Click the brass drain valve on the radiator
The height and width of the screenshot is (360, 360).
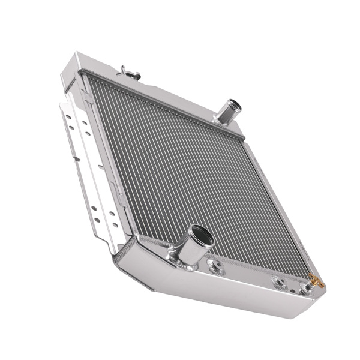(316, 280)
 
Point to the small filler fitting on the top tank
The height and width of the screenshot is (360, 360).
(128, 73)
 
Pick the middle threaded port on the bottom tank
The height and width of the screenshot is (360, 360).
(278, 281)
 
